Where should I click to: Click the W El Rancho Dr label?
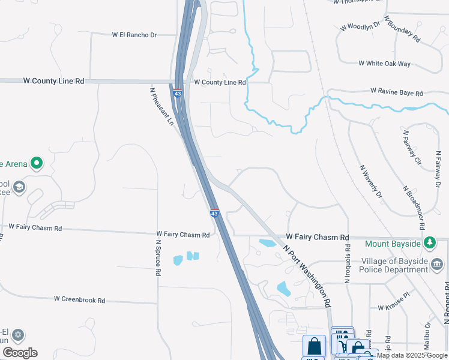[x=134, y=35]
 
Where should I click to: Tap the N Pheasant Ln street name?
[x=162, y=106]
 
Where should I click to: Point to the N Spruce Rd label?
[x=158, y=257]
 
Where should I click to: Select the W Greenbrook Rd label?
[x=79, y=299]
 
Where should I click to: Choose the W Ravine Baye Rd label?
[x=396, y=92]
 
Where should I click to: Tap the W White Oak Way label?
[x=384, y=63]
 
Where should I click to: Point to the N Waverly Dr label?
[x=370, y=181]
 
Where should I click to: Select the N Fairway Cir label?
[x=410, y=147]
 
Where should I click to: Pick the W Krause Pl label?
[x=393, y=307]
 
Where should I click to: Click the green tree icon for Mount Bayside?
[x=430, y=244]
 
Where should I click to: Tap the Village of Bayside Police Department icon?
[x=438, y=265]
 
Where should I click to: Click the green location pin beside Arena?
[x=37, y=163]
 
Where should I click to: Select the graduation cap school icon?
[x=19, y=188]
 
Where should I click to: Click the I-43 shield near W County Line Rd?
[x=178, y=93]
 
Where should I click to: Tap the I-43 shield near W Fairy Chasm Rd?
[x=214, y=213]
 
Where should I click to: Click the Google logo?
[x=20, y=353]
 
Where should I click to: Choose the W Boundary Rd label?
[x=402, y=28]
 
